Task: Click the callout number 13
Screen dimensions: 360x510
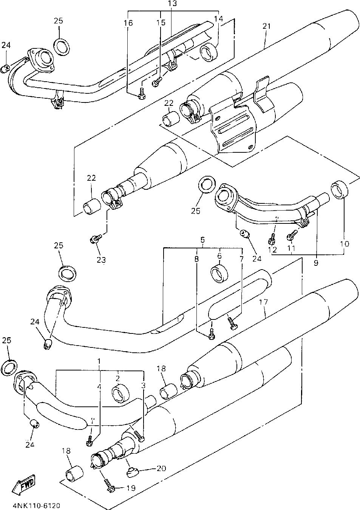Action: tap(173, 3)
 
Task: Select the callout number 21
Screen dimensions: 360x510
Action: tap(267, 26)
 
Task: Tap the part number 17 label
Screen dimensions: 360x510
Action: tap(263, 302)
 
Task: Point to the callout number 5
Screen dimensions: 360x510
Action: tap(202, 240)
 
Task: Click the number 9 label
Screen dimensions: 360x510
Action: tap(316, 263)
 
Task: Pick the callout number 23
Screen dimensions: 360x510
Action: tap(101, 260)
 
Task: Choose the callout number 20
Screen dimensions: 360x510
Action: tap(161, 468)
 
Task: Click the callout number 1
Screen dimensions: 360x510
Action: tap(99, 361)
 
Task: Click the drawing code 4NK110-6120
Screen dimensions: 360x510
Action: tap(37, 506)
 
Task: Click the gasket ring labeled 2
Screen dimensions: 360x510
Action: tap(121, 394)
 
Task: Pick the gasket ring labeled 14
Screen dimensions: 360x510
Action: tap(209, 53)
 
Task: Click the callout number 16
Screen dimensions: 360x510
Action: tap(128, 23)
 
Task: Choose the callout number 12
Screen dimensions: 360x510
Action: tap(272, 250)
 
